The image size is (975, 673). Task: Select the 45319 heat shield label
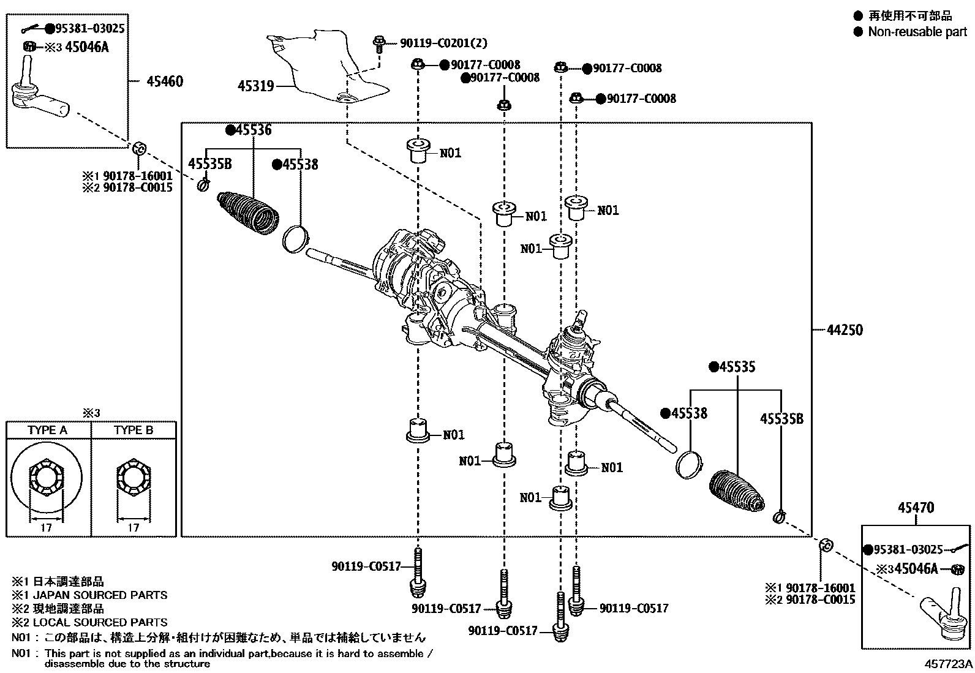[x=255, y=86]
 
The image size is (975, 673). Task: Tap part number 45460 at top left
[x=164, y=81]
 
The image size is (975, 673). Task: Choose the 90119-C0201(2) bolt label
[x=443, y=43]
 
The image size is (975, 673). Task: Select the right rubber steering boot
[x=736, y=490]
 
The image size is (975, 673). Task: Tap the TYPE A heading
[x=47, y=430]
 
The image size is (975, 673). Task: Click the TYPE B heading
[x=134, y=430]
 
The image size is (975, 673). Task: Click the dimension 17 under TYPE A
[x=47, y=527]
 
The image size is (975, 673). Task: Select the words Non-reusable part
[x=917, y=32]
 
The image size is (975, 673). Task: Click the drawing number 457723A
[x=949, y=664]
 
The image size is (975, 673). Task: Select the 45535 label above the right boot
[x=737, y=367]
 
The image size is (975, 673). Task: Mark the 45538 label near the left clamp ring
[x=299, y=164]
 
